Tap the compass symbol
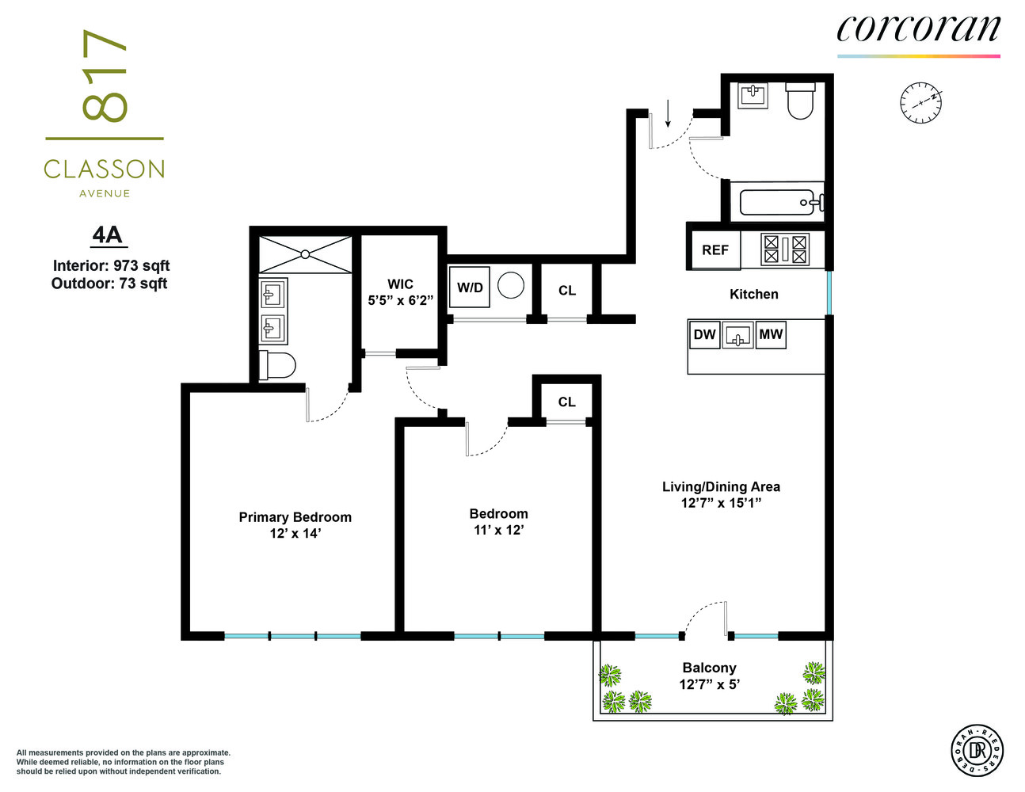(x=920, y=103)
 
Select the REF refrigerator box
(x=714, y=249)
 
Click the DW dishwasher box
(x=704, y=334)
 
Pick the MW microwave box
(x=771, y=334)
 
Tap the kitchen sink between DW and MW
(x=737, y=335)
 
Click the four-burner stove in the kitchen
(x=784, y=249)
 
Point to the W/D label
(x=470, y=287)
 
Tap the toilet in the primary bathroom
(x=278, y=366)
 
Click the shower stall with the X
(x=305, y=254)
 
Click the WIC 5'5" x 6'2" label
(x=400, y=292)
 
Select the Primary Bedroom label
(x=295, y=517)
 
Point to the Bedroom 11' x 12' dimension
(x=498, y=530)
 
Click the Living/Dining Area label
(x=721, y=486)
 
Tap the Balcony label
(x=709, y=668)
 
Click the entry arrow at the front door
(x=668, y=113)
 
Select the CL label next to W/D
(x=567, y=291)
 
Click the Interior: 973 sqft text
(x=111, y=265)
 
